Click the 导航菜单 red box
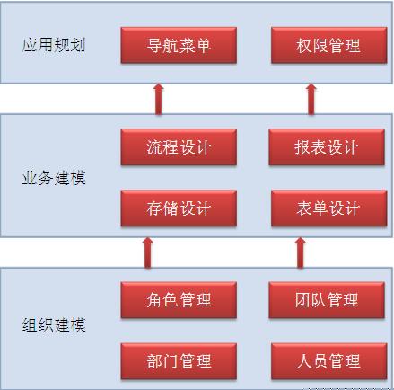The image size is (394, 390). [x=179, y=45]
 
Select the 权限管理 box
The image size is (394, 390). [x=328, y=45]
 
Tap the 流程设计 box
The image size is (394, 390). [x=179, y=147]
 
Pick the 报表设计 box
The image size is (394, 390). [x=327, y=147]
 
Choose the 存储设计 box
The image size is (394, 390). [x=179, y=208]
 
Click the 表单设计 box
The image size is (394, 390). [x=328, y=208]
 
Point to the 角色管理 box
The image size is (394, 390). [x=179, y=300]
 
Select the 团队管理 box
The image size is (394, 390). [x=327, y=300]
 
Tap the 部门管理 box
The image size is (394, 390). [x=179, y=361]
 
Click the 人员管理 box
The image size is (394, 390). [x=328, y=361]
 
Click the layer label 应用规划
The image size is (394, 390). [x=54, y=45]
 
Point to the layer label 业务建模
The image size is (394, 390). [x=54, y=178]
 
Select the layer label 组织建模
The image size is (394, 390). [x=54, y=325]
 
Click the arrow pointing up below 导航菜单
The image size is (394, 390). [x=159, y=99]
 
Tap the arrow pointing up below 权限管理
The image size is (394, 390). [x=311, y=99]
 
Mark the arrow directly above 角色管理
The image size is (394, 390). [x=148, y=253]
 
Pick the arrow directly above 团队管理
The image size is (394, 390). [x=301, y=253]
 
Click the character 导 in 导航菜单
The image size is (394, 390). [x=154, y=46]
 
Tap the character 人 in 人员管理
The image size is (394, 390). [x=304, y=361]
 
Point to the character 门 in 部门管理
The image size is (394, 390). [x=171, y=361]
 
